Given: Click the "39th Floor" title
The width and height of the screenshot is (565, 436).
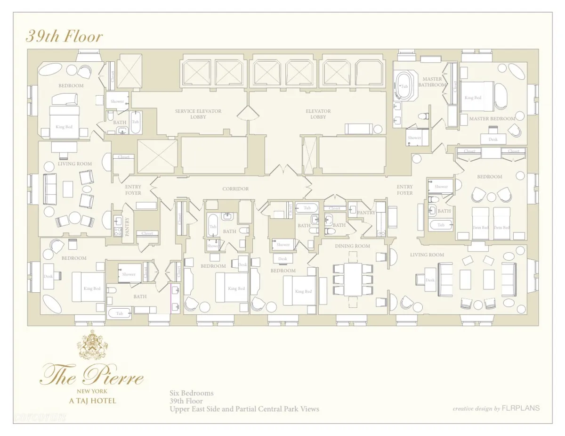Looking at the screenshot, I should point(64,36).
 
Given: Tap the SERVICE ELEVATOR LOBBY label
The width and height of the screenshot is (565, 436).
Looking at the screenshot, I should point(198,114).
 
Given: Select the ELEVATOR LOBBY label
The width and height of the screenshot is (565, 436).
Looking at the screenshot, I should point(318,114).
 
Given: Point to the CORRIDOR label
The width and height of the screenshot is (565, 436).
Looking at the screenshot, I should point(235,189).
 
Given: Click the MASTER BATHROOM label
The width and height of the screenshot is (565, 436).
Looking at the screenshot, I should point(432,82).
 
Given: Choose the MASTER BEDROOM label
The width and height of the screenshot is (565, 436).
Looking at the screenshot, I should point(492,119).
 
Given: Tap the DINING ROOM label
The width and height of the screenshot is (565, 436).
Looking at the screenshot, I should point(352,246).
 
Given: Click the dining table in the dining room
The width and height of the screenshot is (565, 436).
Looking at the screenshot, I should point(352,278).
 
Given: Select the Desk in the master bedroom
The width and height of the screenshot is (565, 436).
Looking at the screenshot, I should point(492,139).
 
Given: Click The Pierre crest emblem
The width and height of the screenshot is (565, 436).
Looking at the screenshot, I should point(92,345).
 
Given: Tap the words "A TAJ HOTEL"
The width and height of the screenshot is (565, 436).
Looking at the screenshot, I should point(92,401).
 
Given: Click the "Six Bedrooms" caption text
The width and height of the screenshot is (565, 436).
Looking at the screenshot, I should point(192,393).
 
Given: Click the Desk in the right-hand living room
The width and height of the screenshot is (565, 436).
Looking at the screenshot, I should point(430,280).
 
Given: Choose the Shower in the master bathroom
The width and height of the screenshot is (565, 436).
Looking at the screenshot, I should point(415,137).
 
